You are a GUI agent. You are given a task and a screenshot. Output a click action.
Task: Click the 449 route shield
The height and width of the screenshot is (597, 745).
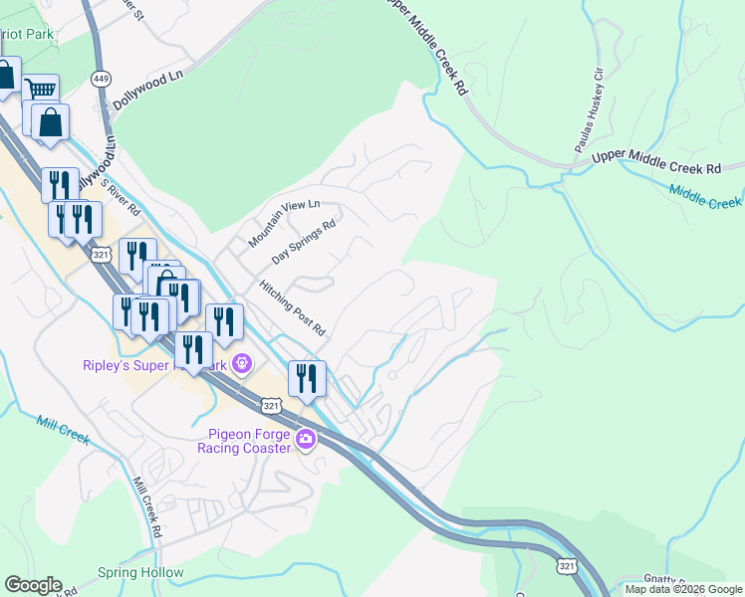click(x=100, y=78)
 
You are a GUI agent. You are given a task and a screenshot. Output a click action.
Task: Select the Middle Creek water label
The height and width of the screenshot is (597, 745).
click(x=705, y=196)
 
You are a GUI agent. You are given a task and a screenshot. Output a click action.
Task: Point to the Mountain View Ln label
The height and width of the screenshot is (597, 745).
click(x=284, y=225)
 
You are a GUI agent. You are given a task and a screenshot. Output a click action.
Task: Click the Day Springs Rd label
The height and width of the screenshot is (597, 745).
click(x=304, y=244)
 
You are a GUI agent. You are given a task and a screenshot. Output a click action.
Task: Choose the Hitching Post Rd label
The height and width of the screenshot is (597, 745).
click(x=293, y=306)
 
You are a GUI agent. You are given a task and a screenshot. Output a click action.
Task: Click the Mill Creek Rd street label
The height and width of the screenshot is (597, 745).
click(x=146, y=507)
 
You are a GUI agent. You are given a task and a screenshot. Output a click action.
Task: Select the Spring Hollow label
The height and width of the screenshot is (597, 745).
click(x=140, y=572)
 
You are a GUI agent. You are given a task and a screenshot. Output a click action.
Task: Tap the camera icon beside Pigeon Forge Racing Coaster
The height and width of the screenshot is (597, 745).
click(x=307, y=439)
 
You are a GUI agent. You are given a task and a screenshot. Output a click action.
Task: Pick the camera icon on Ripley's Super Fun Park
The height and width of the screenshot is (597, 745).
click(x=240, y=364)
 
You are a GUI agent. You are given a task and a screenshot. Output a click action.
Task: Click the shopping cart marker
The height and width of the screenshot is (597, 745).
click(x=41, y=91)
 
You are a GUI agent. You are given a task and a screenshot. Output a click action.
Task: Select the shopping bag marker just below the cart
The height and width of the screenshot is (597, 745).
click(x=49, y=122)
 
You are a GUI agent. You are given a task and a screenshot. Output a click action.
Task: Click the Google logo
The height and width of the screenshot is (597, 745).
click(x=33, y=585)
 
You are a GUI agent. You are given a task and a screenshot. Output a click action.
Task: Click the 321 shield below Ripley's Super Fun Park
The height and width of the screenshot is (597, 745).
click(x=271, y=405)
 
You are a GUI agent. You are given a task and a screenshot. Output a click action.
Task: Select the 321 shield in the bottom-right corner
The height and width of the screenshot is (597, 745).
click(x=566, y=566)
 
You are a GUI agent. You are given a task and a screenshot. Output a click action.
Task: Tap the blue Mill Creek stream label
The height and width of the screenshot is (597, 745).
click(x=63, y=429)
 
